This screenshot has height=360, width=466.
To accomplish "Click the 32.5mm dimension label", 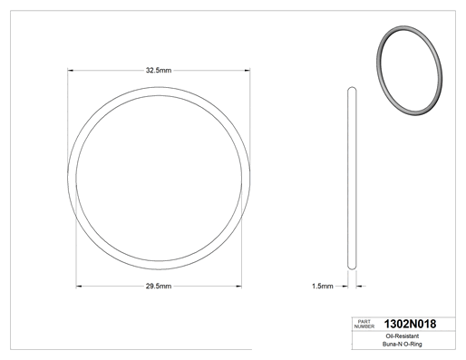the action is coord(159,71).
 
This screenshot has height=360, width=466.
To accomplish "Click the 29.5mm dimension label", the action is coord(159,287).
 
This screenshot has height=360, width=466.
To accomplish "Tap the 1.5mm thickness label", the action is coord(323,286).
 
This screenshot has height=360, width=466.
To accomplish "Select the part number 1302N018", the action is coord(410,324).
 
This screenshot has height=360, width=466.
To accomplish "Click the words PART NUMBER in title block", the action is coord(364,324).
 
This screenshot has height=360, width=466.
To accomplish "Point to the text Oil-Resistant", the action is coord(403,336).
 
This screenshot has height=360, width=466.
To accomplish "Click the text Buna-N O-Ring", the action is coord(403,344).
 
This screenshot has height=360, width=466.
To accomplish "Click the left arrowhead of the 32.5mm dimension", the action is coord(70,71).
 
